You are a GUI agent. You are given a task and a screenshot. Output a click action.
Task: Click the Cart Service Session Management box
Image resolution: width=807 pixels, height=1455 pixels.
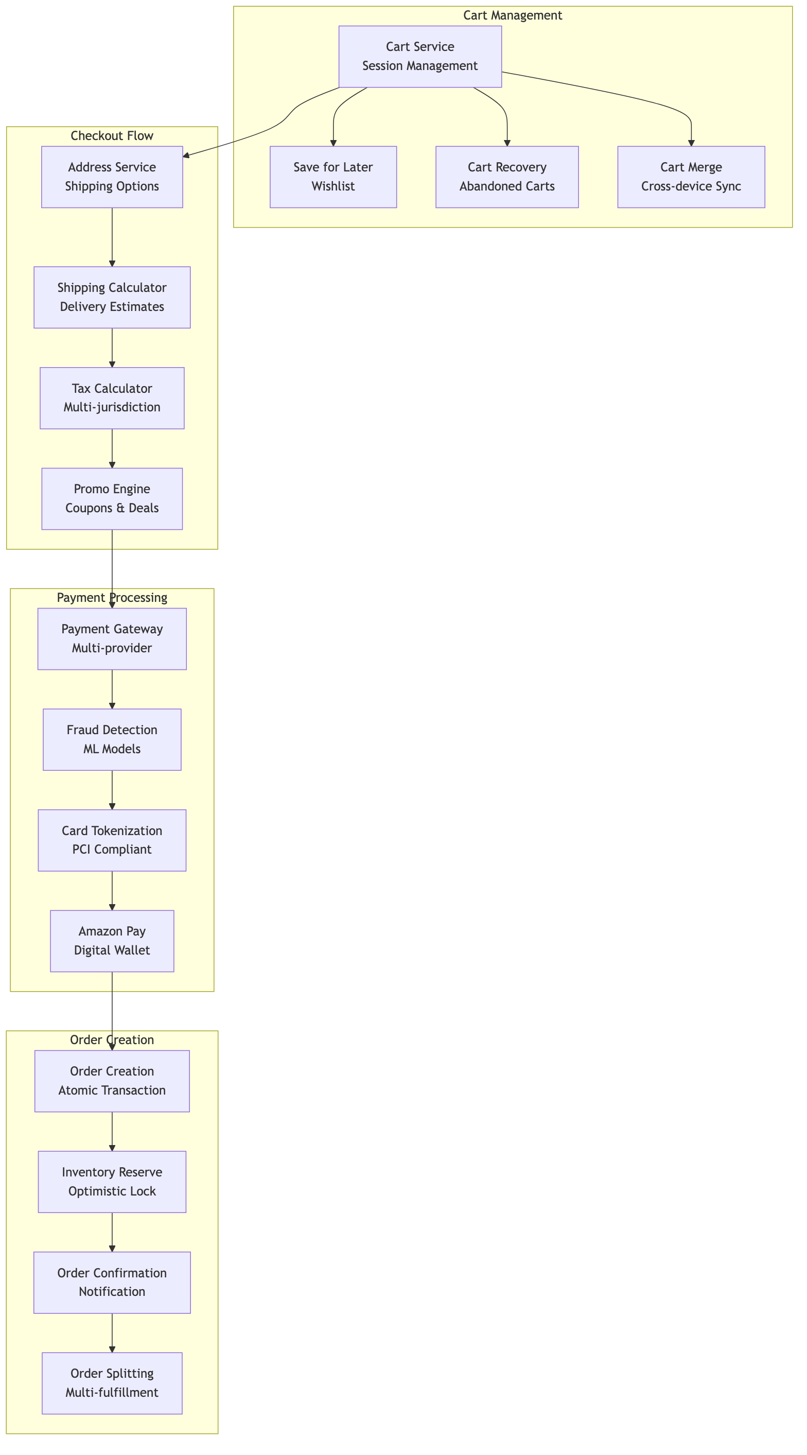click(419, 57)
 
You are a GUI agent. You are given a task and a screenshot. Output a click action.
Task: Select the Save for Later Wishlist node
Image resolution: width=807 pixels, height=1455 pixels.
click(333, 177)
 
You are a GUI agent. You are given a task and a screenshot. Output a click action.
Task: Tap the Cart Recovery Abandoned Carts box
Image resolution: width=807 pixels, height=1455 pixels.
click(506, 177)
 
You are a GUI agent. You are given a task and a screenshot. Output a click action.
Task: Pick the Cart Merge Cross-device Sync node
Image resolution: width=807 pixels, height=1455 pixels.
click(691, 177)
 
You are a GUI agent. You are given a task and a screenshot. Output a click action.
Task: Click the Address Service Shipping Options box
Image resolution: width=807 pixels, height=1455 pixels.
click(112, 177)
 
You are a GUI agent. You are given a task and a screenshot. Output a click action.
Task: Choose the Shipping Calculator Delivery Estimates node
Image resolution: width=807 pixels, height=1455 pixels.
click(112, 297)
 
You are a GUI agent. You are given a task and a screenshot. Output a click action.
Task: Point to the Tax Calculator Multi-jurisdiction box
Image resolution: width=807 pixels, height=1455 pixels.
click(112, 397)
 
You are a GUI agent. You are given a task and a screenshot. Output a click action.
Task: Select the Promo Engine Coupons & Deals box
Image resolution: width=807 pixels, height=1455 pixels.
click(112, 498)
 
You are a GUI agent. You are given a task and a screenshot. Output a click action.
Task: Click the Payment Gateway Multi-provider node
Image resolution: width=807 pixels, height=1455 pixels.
click(112, 638)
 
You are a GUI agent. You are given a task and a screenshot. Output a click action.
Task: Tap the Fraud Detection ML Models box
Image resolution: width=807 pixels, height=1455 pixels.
click(112, 739)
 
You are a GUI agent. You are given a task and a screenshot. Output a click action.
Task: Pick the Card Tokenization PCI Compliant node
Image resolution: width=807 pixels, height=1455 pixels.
click(112, 840)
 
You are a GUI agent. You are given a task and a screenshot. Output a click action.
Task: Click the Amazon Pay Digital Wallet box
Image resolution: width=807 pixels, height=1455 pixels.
click(112, 941)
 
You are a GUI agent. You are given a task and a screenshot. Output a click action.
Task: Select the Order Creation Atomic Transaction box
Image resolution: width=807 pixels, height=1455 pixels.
click(112, 1081)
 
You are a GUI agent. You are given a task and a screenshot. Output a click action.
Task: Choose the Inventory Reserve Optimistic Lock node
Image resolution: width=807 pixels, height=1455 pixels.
click(112, 1182)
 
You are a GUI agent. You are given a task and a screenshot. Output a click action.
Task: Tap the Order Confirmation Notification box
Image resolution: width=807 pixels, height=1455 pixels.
click(112, 1282)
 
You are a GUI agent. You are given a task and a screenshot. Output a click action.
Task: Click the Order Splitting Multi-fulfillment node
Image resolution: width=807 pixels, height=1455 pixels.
click(112, 1383)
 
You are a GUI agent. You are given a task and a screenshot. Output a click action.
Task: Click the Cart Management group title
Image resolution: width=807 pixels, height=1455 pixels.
click(512, 15)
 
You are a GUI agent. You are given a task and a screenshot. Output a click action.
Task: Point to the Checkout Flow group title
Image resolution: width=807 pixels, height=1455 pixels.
click(112, 135)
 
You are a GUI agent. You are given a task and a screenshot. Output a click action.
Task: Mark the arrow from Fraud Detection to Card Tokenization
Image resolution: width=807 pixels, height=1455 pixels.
click(112, 790)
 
